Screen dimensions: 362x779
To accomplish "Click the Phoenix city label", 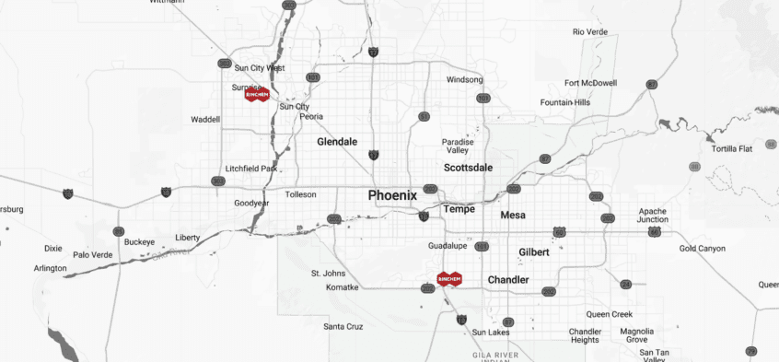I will coord(392,195).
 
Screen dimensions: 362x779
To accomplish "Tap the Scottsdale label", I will coord(468,168).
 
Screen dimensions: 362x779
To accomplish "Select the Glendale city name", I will coord(336,142).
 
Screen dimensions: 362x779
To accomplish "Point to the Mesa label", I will coord(513,215).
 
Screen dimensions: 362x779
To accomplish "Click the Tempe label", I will coord(459,209).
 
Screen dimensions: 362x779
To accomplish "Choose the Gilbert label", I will coord(533,251).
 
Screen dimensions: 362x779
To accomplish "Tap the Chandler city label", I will coord(508,279).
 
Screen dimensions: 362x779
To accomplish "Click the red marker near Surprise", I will coord(257,94).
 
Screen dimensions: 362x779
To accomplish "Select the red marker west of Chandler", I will coord(449,278).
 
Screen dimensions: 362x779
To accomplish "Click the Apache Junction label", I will coord(653,216).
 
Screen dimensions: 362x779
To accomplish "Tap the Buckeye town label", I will coord(140,241).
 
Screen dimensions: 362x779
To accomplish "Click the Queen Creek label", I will coord(610,314).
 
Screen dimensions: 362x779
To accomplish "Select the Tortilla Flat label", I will coord(732,148).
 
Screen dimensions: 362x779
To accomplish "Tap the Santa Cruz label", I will coord(343,326).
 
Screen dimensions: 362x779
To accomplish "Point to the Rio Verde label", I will coord(590,32).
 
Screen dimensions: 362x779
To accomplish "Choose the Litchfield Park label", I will coord(251,169).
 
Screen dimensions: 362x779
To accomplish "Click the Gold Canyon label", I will coord(703,249).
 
